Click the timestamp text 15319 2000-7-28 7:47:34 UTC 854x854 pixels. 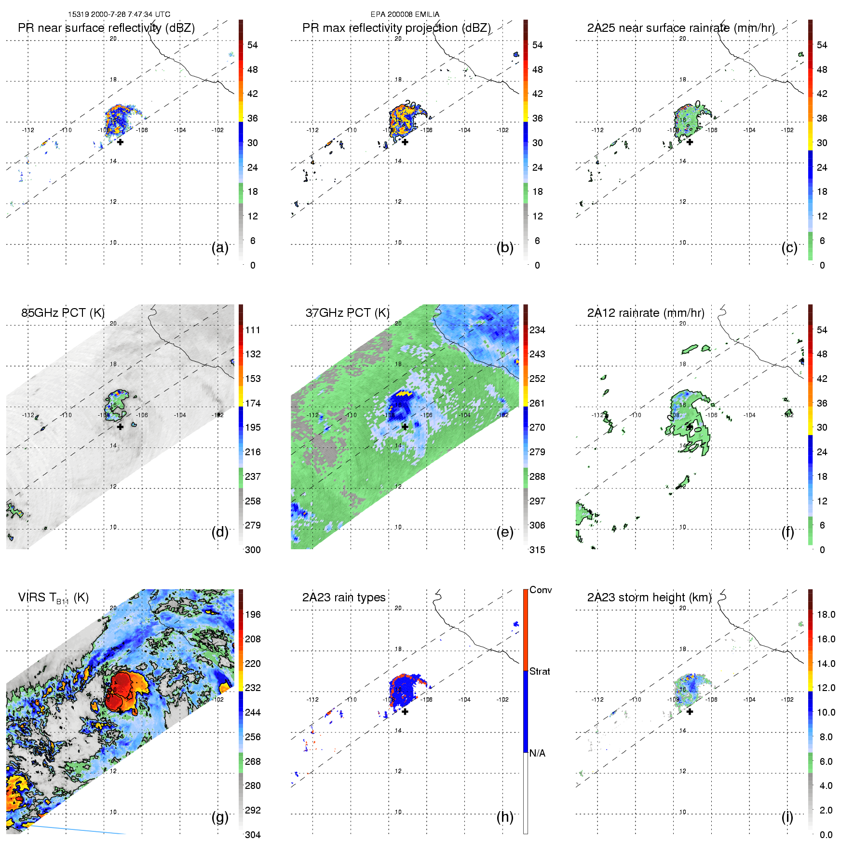pos(119,14)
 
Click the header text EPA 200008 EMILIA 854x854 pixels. pos(405,14)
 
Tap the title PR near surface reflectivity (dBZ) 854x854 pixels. pos(106,28)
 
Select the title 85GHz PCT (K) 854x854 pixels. pos(63,312)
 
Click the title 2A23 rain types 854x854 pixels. pos(343,597)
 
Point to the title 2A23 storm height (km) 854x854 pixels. pos(649,597)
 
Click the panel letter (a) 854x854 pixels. pos(220,247)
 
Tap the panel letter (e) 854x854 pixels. pos(505,532)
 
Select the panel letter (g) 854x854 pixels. pos(220,817)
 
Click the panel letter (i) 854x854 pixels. pos(787,817)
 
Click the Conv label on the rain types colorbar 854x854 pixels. pos(541,590)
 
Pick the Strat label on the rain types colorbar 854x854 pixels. pos(540,671)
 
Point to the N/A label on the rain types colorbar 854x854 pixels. pos(537,753)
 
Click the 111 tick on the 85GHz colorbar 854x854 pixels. pos(253,330)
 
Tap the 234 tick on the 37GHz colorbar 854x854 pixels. pos(537,330)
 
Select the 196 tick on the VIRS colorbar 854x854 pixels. pos(253,614)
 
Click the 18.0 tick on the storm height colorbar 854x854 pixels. pos(826,614)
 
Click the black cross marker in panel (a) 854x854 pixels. pos(120,142)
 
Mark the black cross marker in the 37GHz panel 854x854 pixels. pos(405,426)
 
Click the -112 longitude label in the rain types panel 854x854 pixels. pos(312,700)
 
